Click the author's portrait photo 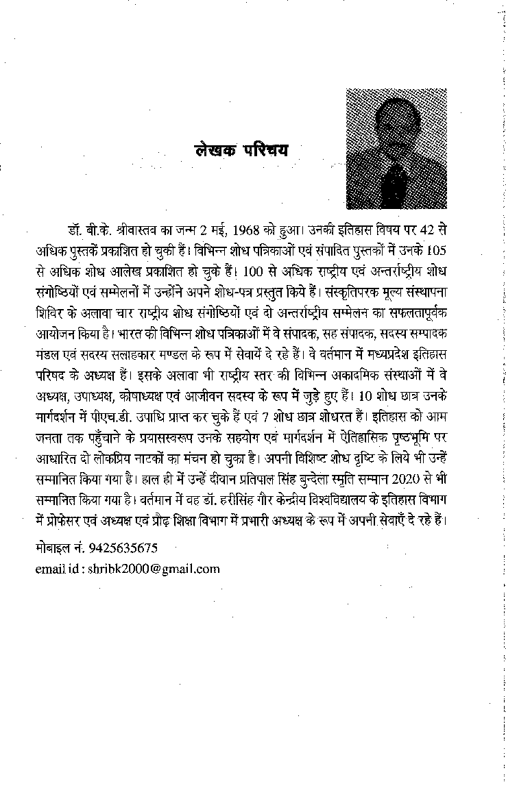(396, 149)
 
